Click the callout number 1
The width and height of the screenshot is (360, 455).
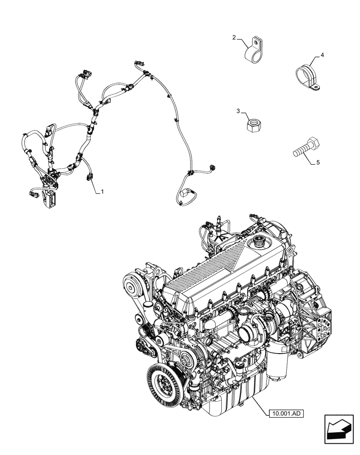102,192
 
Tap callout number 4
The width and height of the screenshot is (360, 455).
322,55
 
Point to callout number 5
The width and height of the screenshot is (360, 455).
318,162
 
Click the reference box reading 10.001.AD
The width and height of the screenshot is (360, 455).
285,413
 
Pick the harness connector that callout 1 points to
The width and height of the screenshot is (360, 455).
90,178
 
